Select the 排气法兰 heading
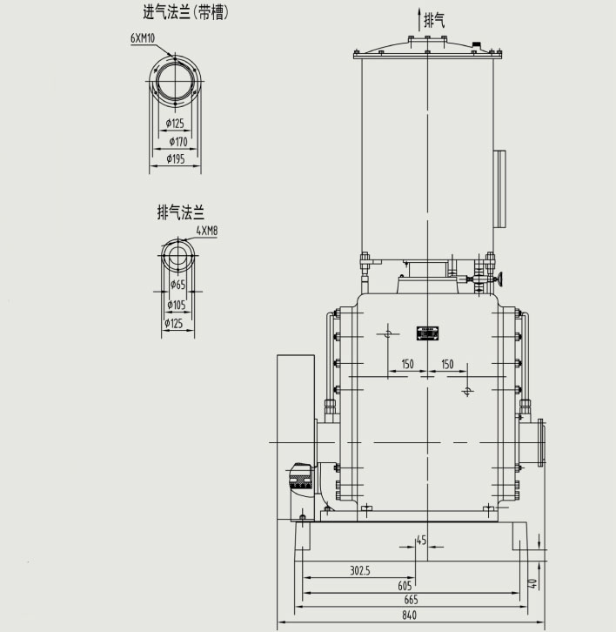pos(180,212)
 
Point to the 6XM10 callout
pos(144,38)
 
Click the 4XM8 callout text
pos(207,231)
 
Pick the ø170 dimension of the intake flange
pos(177,141)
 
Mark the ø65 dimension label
pos(177,285)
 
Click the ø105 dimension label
pos(177,304)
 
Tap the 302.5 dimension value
pos(360,571)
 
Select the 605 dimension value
pos(405,585)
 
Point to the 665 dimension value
pos(411,600)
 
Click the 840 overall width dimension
pos(410,615)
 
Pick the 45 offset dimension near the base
pos(422,541)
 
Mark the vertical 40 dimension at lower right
pos(532,583)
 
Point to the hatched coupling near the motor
pos(301,477)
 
